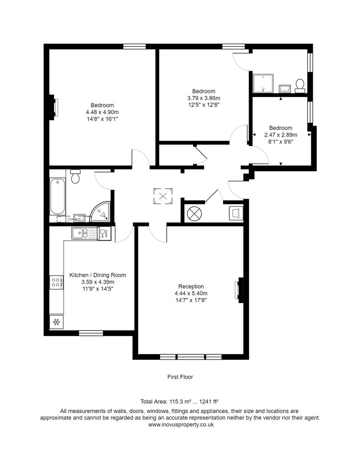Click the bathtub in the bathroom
point(58,198)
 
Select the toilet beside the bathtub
point(76,176)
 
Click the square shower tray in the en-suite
point(263,83)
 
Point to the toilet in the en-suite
point(300,86)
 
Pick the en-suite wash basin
point(285,89)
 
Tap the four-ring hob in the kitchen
point(56,282)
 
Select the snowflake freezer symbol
point(56,322)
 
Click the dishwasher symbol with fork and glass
point(103,233)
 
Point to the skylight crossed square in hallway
point(163,196)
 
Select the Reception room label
point(191,286)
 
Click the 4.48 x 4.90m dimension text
point(102,112)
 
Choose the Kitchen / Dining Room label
point(97,275)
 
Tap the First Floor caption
point(180,377)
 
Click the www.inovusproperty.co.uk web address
point(180,424)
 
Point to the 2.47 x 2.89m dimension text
point(280,135)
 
